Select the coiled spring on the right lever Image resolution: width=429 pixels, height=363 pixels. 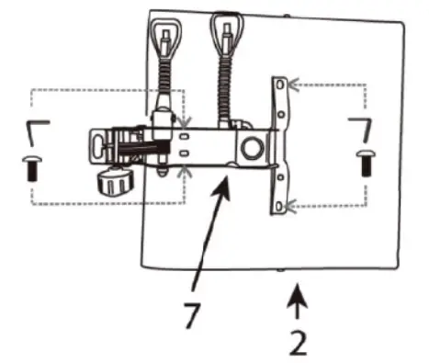click(x=223, y=78)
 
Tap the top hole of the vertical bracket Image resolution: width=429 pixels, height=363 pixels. click(x=278, y=85)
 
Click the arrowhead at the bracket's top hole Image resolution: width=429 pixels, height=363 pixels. click(x=290, y=85)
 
